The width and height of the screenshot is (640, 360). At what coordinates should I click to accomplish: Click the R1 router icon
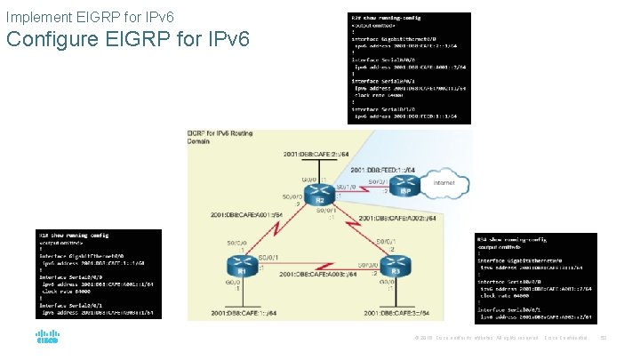237,268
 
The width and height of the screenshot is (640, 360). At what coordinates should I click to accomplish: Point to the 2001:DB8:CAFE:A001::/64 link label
247,214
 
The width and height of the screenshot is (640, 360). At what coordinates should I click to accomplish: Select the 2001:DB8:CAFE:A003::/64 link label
318,275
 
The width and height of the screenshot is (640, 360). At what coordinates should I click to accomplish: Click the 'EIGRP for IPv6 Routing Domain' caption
220,137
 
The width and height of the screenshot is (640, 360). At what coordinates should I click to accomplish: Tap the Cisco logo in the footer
47,338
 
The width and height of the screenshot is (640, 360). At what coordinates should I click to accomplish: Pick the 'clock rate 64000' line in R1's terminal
72,290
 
